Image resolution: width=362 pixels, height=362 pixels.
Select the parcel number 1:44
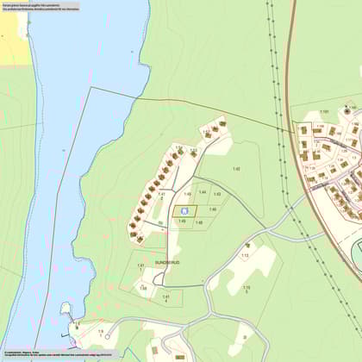click(x=203, y=191)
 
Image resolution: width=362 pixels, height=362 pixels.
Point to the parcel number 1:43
click(x=217, y=194)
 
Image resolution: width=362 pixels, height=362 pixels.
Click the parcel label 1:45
click(x=187, y=194)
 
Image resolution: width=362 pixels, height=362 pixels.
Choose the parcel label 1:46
click(x=213, y=209)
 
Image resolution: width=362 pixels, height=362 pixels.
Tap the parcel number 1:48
click(x=198, y=222)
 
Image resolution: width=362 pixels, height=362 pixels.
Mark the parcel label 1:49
click(x=182, y=222)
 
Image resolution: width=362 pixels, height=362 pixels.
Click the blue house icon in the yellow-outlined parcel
click(x=184, y=209)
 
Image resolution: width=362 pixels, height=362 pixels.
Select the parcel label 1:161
click(x=324, y=112)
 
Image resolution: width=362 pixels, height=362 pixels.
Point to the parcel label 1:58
click(x=143, y=288)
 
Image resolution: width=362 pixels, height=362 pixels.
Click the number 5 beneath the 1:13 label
click(x=247, y=292)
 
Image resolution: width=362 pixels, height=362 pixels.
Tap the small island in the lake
click(x=66, y=308)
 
